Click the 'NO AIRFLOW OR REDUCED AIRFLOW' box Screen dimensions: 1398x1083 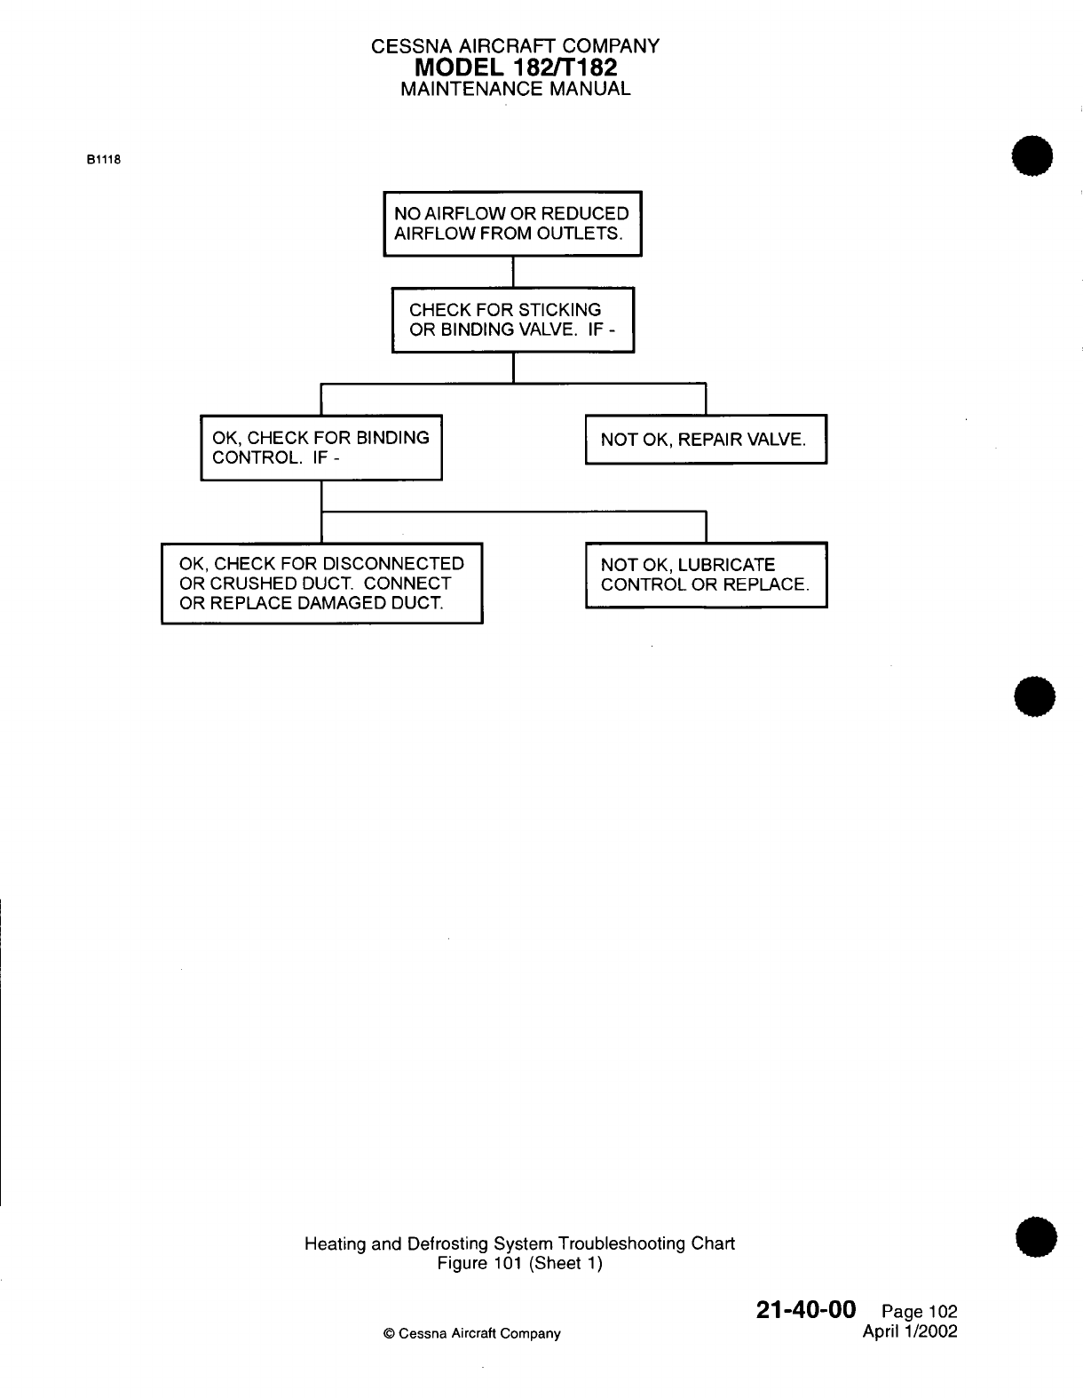click(512, 224)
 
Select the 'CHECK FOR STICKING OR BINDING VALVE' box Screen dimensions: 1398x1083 click(513, 320)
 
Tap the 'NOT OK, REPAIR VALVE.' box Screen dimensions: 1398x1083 click(706, 439)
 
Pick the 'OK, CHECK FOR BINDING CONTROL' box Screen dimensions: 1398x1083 click(321, 448)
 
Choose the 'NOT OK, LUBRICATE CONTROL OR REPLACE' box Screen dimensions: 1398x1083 click(706, 575)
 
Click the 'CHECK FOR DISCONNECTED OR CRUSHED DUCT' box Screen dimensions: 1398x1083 click(321, 584)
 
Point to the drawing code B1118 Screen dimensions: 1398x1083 click(103, 161)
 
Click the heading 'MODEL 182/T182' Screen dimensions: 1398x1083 click(515, 67)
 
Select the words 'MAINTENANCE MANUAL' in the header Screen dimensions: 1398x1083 click(515, 89)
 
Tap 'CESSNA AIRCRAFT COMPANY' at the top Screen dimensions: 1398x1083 click(515, 46)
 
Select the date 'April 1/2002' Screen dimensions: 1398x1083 click(910, 1332)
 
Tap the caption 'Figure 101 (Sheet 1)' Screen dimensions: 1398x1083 click(520, 1263)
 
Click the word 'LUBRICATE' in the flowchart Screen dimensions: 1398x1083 click(726, 565)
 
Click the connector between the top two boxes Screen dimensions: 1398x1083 click(513, 272)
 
